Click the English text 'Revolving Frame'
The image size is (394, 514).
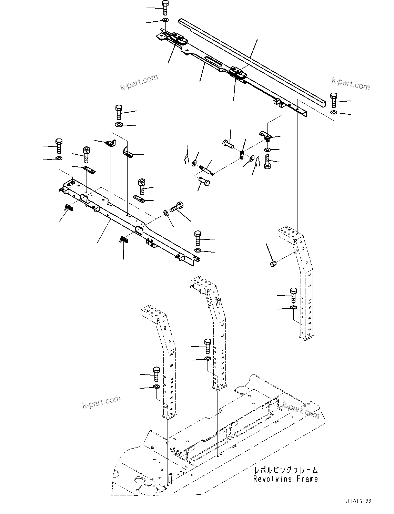(x=285, y=479)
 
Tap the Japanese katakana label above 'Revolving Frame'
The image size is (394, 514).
(x=286, y=470)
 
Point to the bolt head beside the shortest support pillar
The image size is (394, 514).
(x=156, y=373)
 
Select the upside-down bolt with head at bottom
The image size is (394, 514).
(x=267, y=162)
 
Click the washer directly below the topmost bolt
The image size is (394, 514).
(x=165, y=20)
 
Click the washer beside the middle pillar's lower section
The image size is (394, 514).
(x=208, y=359)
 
